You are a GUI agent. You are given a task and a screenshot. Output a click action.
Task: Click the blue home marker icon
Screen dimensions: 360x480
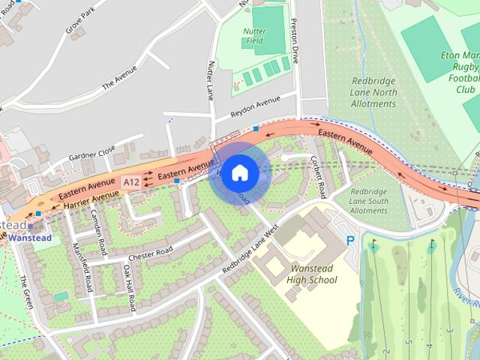click(239, 173)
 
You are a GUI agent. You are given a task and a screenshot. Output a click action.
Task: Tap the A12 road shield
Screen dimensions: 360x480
click(131, 182)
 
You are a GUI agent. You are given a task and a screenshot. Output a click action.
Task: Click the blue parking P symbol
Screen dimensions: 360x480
click(350, 241)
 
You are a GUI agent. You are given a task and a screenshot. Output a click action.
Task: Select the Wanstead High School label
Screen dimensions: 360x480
click(312, 274)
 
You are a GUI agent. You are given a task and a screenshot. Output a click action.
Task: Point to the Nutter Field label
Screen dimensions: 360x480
click(255, 35)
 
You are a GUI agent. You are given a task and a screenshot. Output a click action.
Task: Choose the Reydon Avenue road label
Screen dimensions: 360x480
click(254, 107)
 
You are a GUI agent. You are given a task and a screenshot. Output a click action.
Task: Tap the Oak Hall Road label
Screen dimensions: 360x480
click(129, 288)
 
